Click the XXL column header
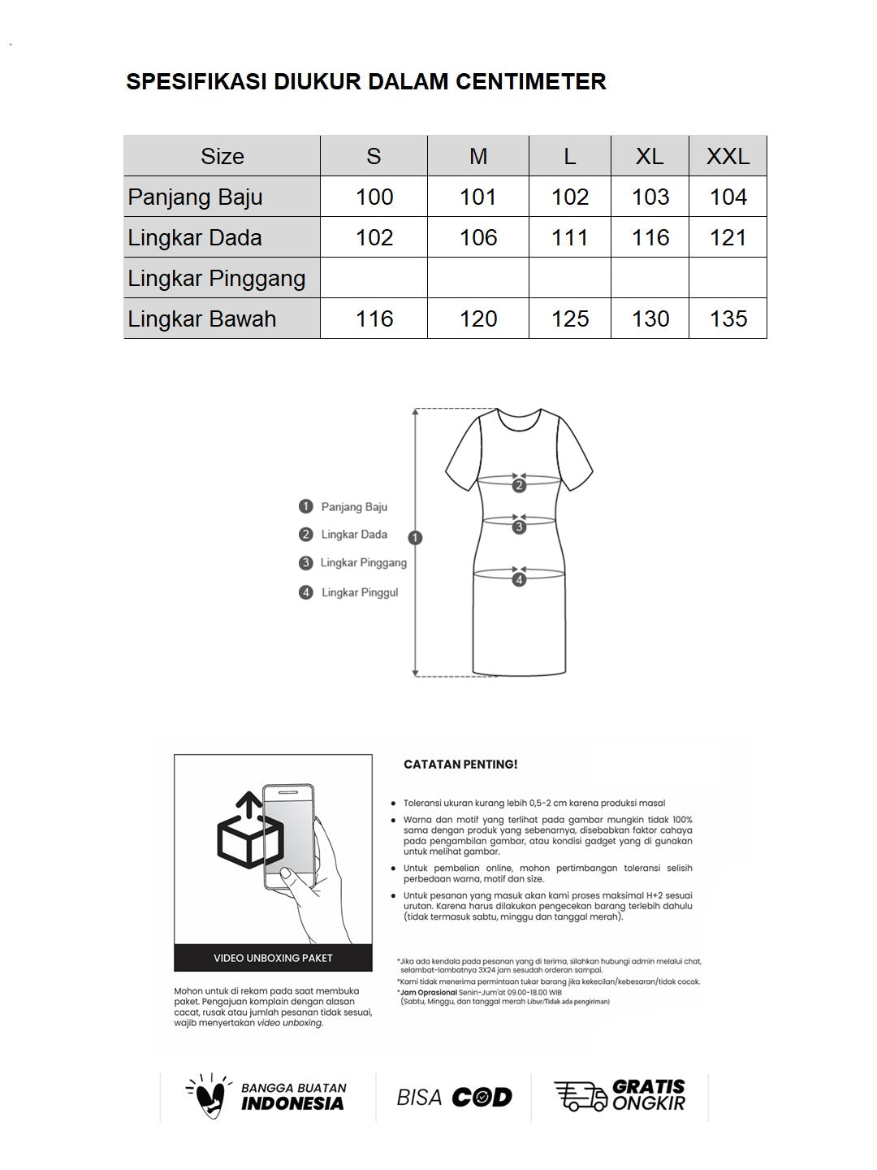(x=728, y=156)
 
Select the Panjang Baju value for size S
(x=374, y=197)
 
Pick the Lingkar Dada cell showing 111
(x=570, y=237)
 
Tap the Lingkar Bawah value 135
(x=728, y=318)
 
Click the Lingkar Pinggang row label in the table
(x=217, y=278)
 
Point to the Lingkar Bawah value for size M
(x=478, y=318)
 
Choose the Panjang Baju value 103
(x=650, y=197)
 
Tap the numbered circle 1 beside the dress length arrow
(x=416, y=538)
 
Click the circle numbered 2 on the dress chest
(x=520, y=486)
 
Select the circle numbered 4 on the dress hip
(x=520, y=579)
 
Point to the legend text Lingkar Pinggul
(x=360, y=592)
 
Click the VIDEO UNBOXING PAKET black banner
(x=273, y=958)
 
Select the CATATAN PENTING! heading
(x=460, y=765)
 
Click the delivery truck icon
(x=580, y=1096)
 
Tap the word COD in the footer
(x=482, y=1098)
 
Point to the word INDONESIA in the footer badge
(x=292, y=1103)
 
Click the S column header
(x=374, y=156)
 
